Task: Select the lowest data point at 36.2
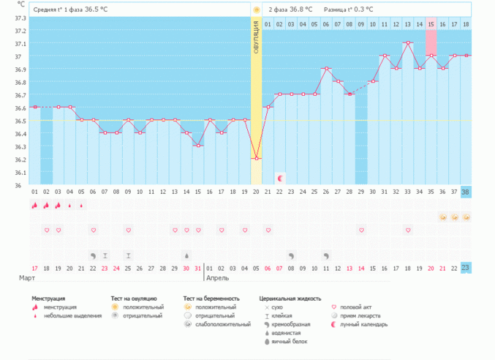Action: click(x=257, y=159)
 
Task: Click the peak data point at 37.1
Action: click(x=408, y=43)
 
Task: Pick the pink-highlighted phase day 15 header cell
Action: click(x=431, y=24)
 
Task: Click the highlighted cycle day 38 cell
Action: click(x=466, y=192)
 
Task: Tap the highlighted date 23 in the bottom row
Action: click(x=466, y=269)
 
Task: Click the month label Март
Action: click(x=26, y=280)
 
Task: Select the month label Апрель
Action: click(x=219, y=280)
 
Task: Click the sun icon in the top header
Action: click(x=257, y=10)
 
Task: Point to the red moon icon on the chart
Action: click(x=279, y=178)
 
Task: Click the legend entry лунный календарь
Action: click(x=368, y=324)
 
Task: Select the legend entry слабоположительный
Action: click(x=222, y=324)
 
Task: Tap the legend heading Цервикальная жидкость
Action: click(x=290, y=299)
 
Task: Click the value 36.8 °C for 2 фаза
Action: click(x=301, y=10)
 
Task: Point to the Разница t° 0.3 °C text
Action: click(x=349, y=10)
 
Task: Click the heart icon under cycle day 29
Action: click(x=361, y=230)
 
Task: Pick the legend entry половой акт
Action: click(x=358, y=307)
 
